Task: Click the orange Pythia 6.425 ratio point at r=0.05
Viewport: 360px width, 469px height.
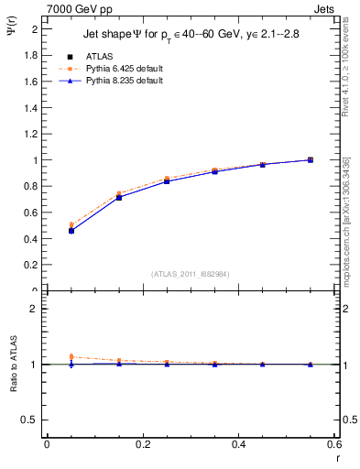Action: pos(71,356)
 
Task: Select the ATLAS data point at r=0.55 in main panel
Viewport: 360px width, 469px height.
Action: pos(311,160)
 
